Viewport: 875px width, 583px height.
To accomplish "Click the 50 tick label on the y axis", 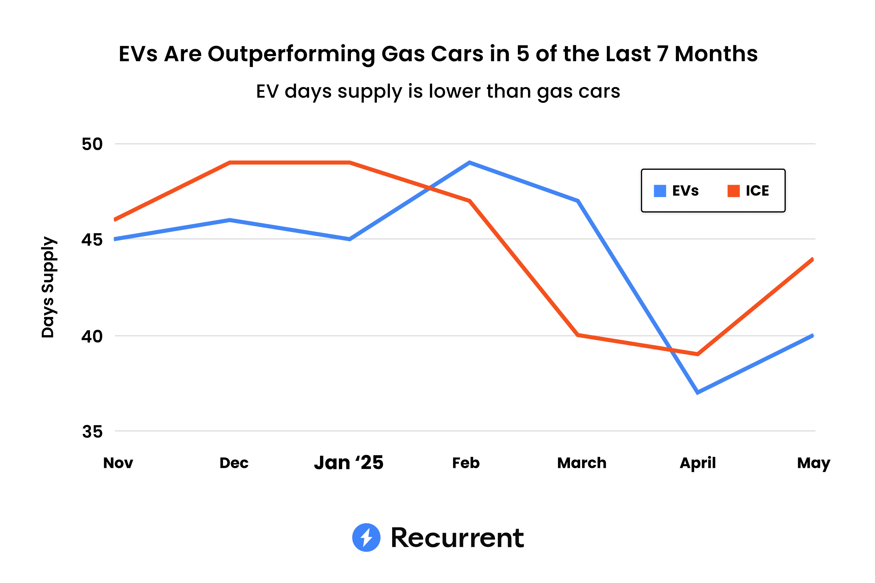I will coord(92,144).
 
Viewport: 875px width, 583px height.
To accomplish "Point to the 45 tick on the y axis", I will coord(92,240).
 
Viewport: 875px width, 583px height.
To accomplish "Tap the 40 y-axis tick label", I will coord(92,336).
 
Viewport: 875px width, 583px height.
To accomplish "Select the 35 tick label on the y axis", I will coord(92,432).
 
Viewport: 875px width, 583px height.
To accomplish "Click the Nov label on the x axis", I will coord(118,463).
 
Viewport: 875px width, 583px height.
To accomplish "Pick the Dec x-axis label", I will coord(234,463).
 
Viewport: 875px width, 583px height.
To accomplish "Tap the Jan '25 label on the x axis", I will coord(348,463).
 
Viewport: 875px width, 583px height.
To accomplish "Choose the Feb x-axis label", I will coord(466,463).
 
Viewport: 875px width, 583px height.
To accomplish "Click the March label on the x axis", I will coord(582,463).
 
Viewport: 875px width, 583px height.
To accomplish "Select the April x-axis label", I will coord(698,463).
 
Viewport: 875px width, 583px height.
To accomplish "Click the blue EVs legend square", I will coord(660,191).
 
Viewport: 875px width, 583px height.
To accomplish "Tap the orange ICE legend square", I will coord(733,191).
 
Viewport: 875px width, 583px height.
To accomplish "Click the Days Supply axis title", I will coord(48,287).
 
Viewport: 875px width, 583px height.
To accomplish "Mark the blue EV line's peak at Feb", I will coord(470,163).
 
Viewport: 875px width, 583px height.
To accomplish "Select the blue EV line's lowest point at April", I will coord(698,392).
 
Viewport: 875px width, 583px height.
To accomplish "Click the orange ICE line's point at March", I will coord(578,335).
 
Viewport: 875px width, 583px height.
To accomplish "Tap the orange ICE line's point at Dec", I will coord(230,163).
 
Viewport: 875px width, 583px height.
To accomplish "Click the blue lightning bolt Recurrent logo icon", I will coord(366,537).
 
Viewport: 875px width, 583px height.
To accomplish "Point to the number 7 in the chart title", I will coord(662,54).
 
